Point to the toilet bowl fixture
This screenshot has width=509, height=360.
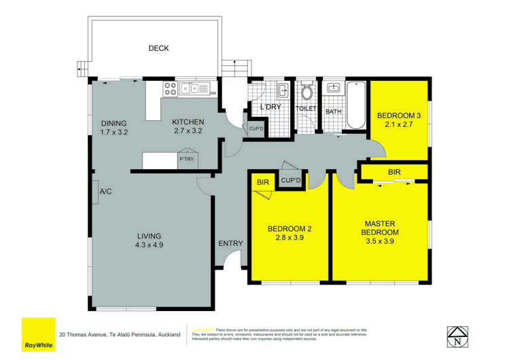(307, 92)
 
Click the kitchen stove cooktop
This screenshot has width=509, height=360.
(169, 88)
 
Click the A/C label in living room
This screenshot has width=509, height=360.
(105, 192)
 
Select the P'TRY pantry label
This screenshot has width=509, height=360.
(186, 160)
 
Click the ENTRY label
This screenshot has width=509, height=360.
(229, 243)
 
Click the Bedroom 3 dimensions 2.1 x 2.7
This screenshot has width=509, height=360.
(399, 124)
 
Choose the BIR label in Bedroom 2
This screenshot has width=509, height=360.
(262, 182)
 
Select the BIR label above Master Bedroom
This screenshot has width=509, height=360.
(393, 173)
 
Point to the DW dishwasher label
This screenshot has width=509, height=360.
(213, 93)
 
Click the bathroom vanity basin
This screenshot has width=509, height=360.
(334, 88)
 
